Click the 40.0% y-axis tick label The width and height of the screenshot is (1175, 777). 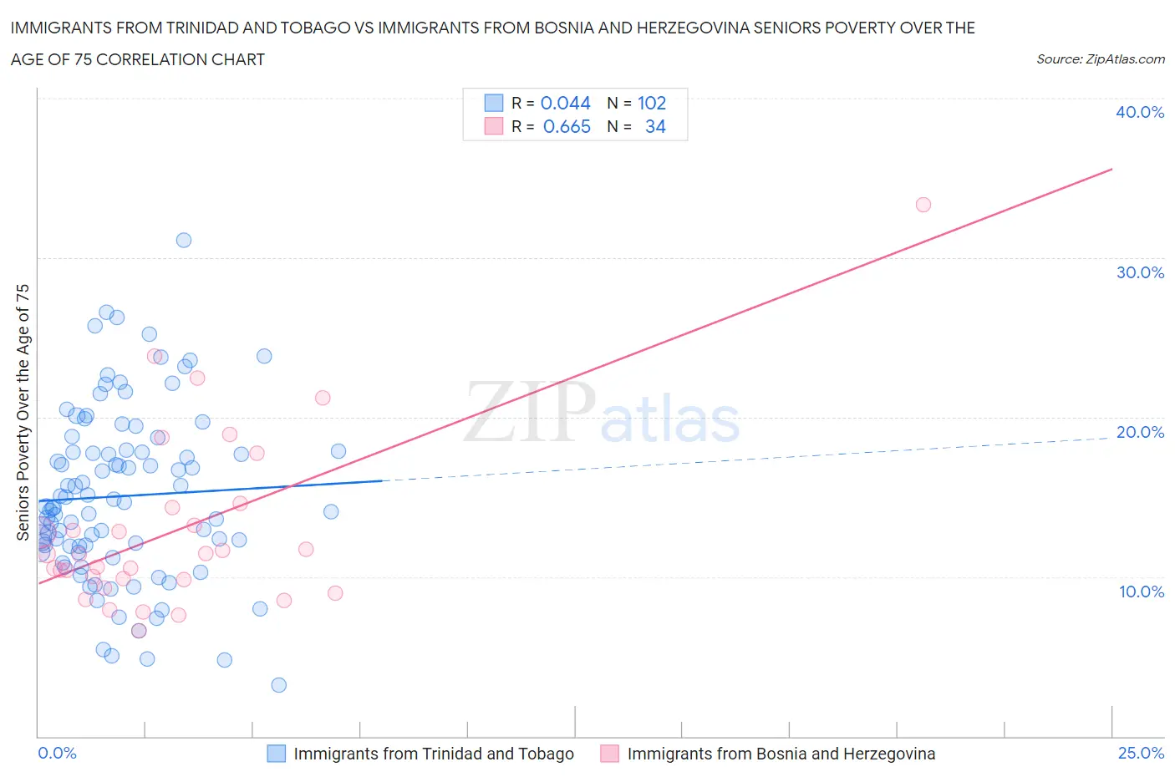coord(1139,112)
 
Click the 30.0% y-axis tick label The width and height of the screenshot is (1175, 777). coord(1139,272)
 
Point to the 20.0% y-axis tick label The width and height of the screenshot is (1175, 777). coord(1139,432)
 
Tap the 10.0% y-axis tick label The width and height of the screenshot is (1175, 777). coord(1141,592)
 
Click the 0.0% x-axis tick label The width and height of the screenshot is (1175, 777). coord(57,754)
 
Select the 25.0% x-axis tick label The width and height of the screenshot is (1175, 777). coord(1141,754)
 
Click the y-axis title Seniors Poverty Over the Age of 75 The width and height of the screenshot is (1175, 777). coord(23,412)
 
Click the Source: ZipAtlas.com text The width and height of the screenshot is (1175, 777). coord(1100,59)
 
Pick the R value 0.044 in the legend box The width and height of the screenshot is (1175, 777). coord(565,103)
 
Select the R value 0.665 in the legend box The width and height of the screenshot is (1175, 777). coord(566,126)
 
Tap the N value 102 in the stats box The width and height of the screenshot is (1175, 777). coord(652,103)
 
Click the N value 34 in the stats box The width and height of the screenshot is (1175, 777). coord(655,126)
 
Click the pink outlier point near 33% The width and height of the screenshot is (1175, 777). coord(923,205)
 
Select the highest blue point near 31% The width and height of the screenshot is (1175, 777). coord(184,240)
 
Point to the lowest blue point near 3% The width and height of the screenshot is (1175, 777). coord(279,685)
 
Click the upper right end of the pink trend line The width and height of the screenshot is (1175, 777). coord(1111,170)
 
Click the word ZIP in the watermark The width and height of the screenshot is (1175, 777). coord(530,412)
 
